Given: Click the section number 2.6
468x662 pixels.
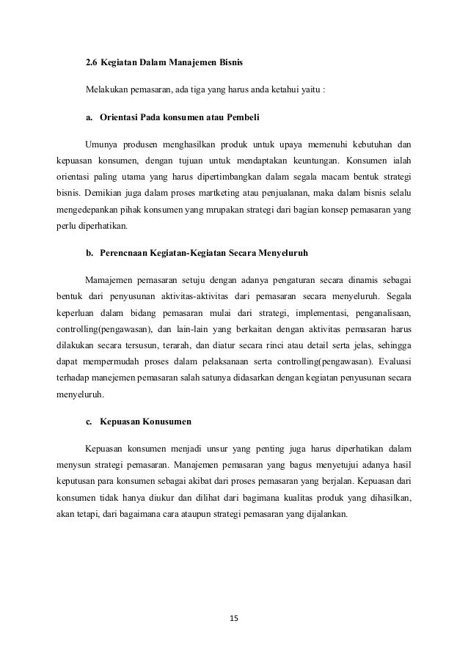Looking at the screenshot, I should [91, 64].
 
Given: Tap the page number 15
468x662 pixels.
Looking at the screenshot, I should [234, 619].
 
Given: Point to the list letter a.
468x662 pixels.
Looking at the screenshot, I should [89, 117].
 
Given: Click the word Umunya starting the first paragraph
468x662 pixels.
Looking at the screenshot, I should [101, 143].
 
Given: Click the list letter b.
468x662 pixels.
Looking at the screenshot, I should [89, 253].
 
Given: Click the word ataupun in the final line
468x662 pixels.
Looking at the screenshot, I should [198, 515].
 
